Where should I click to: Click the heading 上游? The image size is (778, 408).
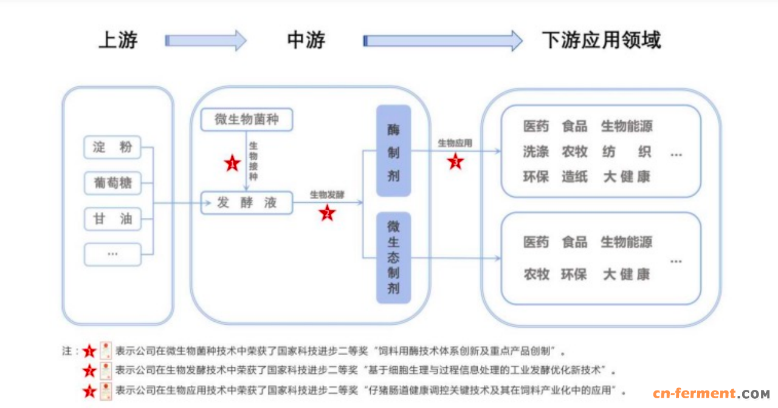click(x=118, y=40)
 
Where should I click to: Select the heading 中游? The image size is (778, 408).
click(x=306, y=40)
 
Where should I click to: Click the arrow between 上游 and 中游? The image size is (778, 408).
click(x=205, y=41)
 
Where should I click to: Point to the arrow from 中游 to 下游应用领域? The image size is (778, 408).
click(x=442, y=41)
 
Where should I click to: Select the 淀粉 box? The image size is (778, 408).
click(x=112, y=148)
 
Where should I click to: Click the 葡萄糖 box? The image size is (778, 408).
click(x=112, y=183)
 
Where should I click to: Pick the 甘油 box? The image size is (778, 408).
click(x=112, y=219)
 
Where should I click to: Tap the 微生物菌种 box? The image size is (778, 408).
click(x=246, y=120)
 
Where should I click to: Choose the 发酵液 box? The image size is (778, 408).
click(x=246, y=203)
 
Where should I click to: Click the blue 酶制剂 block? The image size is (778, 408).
click(x=393, y=151)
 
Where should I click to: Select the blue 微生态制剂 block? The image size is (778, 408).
click(x=393, y=257)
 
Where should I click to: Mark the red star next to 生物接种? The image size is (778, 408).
click(x=232, y=163)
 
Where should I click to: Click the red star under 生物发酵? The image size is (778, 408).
click(x=327, y=212)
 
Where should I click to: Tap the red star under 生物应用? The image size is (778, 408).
click(x=455, y=161)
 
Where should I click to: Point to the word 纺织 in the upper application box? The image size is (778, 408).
click(x=627, y=152)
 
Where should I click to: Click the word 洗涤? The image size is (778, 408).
click(x=535, y=152)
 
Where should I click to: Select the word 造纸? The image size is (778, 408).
click(x=574, y=177)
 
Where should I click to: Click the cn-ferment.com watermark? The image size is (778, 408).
click(x=711, y=394)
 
